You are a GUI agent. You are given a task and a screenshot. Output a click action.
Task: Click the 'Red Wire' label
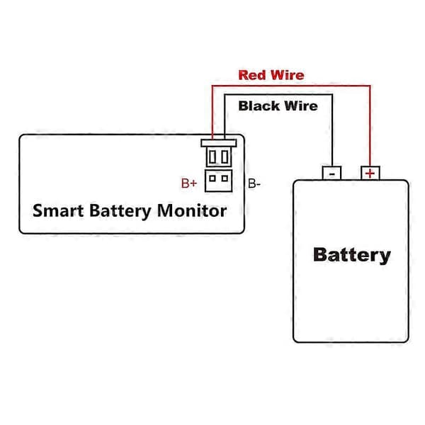(x=271, y=75)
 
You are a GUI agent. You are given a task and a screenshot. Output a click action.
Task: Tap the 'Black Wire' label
(x=278, y=106)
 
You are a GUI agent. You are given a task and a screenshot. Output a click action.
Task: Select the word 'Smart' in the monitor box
(x=58, y=210)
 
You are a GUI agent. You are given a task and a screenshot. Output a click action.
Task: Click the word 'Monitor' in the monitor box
(x=192, y=210)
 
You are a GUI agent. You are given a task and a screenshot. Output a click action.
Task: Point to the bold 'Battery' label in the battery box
(x=352, y=255)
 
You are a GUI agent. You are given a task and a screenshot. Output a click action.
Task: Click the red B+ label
(x=189, y=183)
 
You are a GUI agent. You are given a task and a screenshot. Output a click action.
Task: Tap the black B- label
(x=254, y=183)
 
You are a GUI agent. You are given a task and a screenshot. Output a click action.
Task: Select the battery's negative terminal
(x=331, y=173)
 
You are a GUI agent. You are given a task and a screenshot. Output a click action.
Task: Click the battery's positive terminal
(x=370, y=173)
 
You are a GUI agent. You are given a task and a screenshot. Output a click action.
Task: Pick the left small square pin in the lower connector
(x=212, y=178)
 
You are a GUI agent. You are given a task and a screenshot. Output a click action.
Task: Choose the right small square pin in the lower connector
(x=225, y=178)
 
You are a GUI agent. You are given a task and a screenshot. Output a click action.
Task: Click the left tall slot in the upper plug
(x=212, y=157)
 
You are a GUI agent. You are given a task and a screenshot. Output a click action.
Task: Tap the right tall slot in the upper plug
(x=225, y=157)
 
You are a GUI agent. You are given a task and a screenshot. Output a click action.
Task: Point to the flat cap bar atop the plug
(x=219, y=143)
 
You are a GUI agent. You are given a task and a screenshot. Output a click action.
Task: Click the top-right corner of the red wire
(x=370, y=86)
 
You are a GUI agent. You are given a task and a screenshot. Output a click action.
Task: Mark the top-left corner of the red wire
(x=212, y=86)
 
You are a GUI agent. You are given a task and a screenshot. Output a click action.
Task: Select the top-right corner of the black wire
(x=332, y=95)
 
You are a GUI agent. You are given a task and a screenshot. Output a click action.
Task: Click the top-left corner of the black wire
(x=225, y=95)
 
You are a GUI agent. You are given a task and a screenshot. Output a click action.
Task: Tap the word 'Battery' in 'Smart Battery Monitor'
(x=120, y=211)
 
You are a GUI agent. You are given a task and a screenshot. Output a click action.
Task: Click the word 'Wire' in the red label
(x=288, y=75)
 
